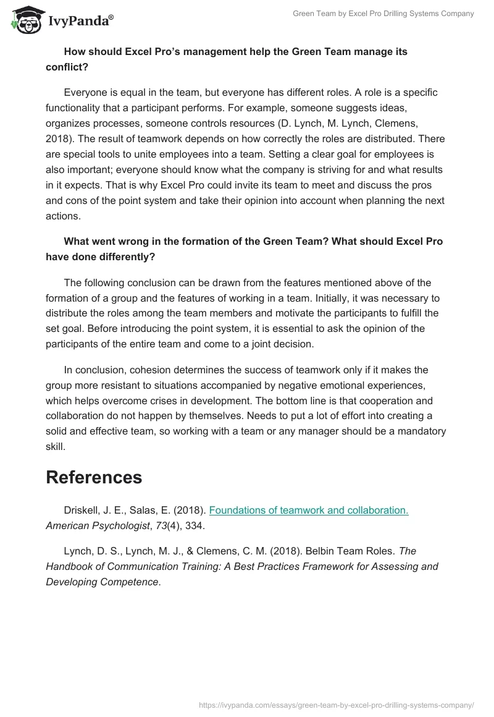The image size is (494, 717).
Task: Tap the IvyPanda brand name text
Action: coord(80,22)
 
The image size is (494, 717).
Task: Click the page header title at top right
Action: coord(383,14)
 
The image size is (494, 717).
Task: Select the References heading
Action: coord(94,477)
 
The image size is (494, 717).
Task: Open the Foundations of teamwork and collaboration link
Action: coord(309,511)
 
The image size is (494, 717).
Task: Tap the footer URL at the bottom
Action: coord(337,704)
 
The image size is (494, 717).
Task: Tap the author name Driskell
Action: coord(82,511)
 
